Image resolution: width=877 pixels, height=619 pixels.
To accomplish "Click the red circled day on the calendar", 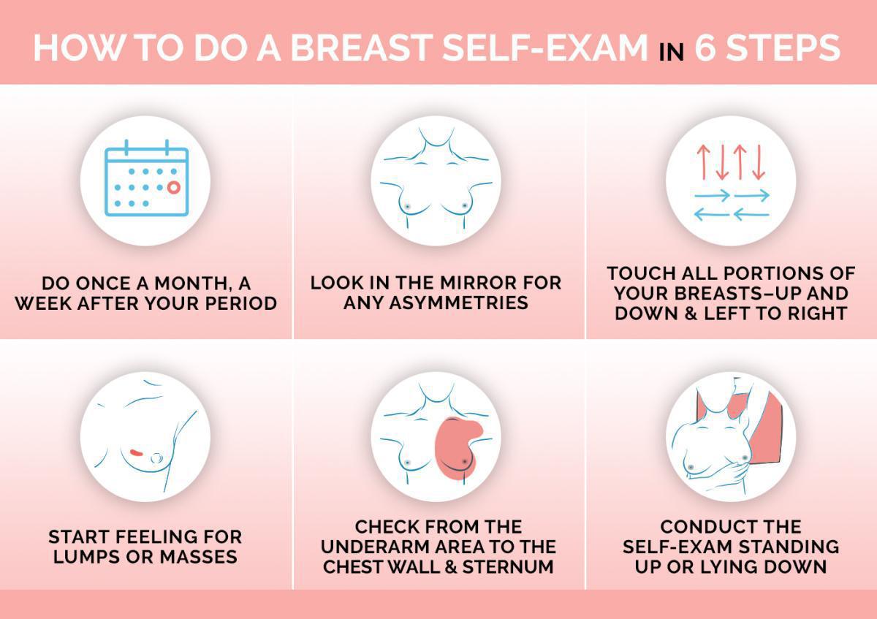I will point(173,188).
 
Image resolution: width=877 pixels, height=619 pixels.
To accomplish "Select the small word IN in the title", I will point(671,52).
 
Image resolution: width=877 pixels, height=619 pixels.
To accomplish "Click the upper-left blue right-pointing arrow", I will point(712,196).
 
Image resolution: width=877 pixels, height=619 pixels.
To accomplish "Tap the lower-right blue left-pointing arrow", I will point(751,215).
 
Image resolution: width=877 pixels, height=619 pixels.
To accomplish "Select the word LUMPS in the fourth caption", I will point(83,557).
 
